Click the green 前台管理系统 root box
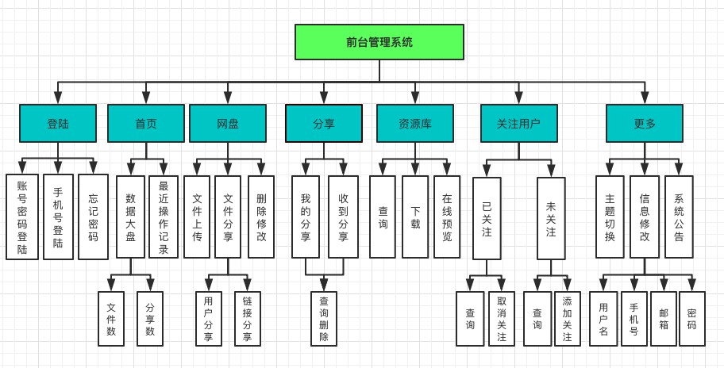click(x=379, y=42)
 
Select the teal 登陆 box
click(x=58, y=123)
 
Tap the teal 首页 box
click(x=146, y=123)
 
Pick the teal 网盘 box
click(x=227, y=123)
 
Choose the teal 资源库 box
click(x=414, y=123)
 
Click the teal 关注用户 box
click(x=519, y=123)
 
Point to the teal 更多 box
click(x=645, y=123)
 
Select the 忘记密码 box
click(x=93, y=217)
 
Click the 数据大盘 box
click(x=130, y=217)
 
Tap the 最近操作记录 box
click(x=164, y=217)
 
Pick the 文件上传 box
click(x=197, y=217)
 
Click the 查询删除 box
click(x=324, y=319)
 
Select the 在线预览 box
click(x=447, y=217)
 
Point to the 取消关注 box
click(x=501, y=319)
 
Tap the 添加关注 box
click(x=567, y=319)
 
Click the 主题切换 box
click(x=610, y=217)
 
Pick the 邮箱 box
click(x=664, y=319)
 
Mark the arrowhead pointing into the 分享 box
click(x=324, y=100)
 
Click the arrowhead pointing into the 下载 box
click(x=414, y=171)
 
